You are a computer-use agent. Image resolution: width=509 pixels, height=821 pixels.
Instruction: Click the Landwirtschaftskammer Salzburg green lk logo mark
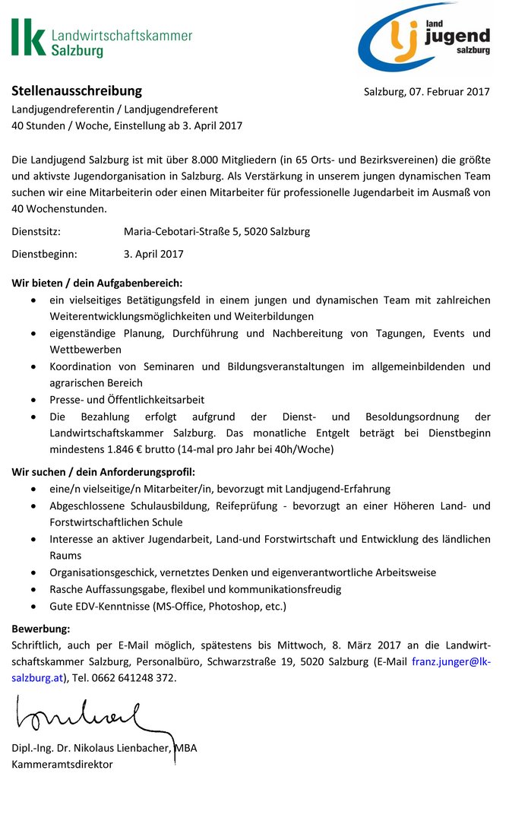(28, 38)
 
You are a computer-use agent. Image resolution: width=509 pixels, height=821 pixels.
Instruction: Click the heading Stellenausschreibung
(77, 91)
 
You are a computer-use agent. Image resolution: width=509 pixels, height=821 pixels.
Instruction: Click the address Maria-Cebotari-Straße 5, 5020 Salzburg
(217, 231)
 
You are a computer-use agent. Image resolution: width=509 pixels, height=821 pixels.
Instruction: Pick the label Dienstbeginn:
(44, 254)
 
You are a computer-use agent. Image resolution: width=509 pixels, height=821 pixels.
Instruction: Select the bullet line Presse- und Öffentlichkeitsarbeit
(127, 399)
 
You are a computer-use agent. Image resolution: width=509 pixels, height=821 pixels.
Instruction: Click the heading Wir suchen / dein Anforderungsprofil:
(103, 472)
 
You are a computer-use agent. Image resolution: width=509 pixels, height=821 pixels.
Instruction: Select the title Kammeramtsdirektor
(62, 764)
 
